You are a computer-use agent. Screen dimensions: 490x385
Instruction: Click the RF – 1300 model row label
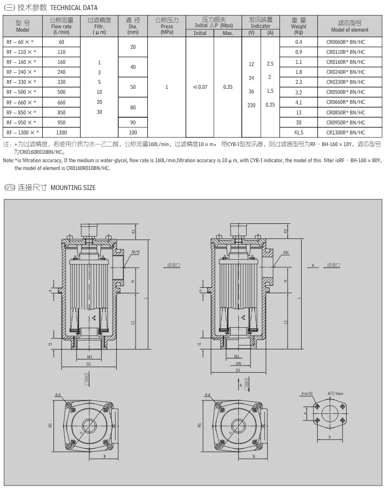[22, 132]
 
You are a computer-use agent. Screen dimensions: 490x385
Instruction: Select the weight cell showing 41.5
[298, 132]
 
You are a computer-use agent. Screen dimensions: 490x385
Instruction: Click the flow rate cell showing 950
[61, 122]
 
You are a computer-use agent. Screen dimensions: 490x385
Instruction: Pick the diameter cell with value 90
[133, 122]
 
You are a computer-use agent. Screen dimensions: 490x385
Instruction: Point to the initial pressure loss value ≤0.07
[199, 87]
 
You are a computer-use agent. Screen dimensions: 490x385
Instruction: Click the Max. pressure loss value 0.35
[227, 87]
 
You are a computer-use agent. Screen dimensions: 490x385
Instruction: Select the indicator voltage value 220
[251, 104]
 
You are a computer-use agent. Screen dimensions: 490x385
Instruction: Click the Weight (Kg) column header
[298, 26]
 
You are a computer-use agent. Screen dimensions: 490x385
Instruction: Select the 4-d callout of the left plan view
[58, 394]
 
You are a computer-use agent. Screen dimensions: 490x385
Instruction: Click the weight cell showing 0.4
[298, 42]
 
